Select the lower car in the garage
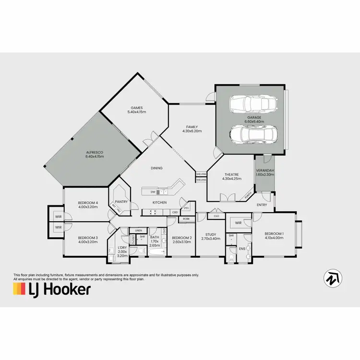pyautogui.click(x=250, y=134)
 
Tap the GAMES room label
pyautogui.click(x=137, y=108)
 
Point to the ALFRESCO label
pyautogui.click(x=95, y=152)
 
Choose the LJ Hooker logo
pyautogui.click(x=51, y=289)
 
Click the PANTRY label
pyautogui.click(x=121, y=202)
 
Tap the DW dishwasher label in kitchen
pyautogui.click(x=153, y=192)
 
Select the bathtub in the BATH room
pyautogui.click(x=156, y=251)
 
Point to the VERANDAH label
pyautogui.click(x=264, y=171)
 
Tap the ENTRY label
pyautogui.click(x=262, y=205)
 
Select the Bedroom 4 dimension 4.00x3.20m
pyautogui.click(x=88, y=207)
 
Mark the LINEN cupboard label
pyautogui.click(x=138, y=231)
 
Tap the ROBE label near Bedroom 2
pyautogui.click(x=186, y=219)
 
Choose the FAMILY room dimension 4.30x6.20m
pyautogui.click(x=192, y=131)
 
